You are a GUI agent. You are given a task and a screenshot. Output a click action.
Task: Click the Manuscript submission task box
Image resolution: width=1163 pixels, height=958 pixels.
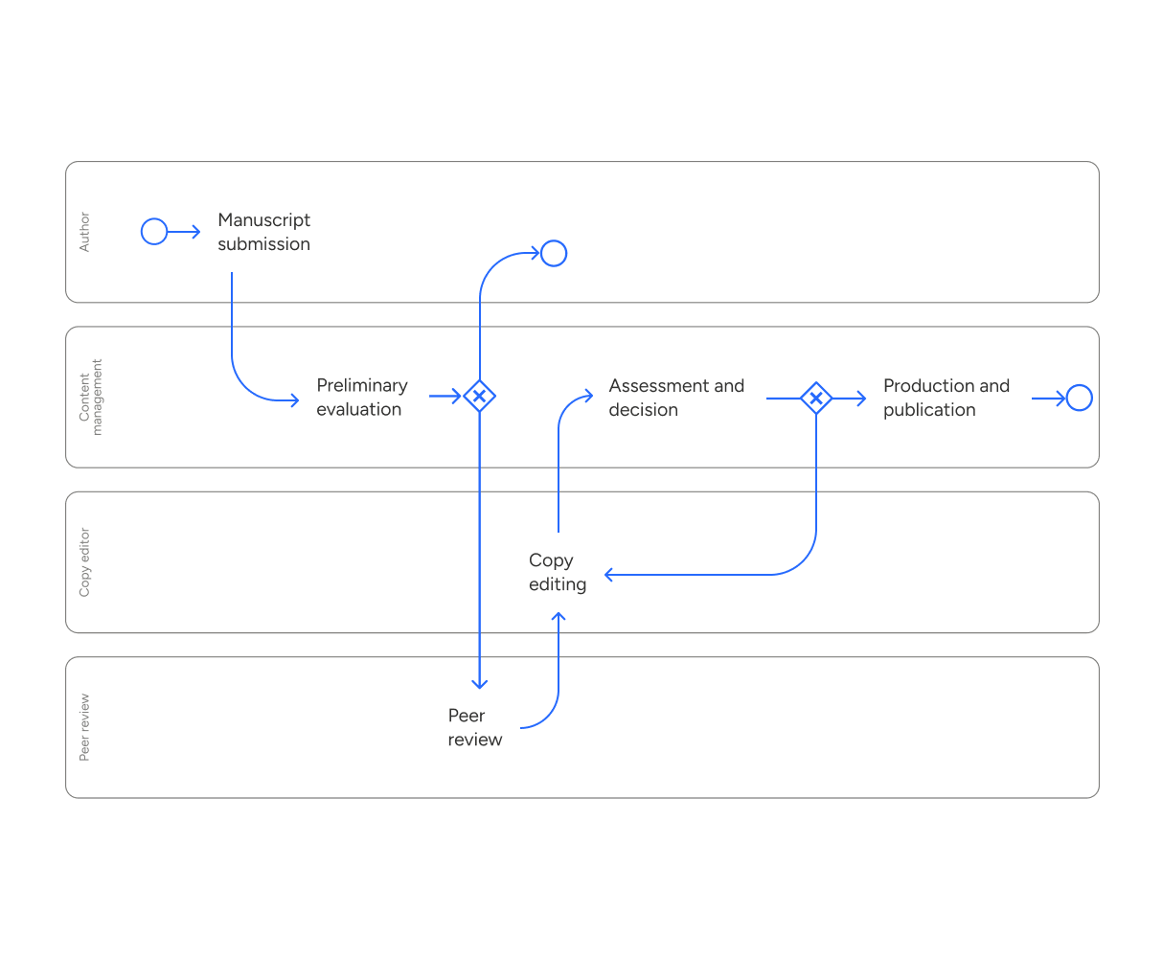(266, 232)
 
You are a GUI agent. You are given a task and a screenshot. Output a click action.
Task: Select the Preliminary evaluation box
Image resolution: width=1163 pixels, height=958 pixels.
(364, 397)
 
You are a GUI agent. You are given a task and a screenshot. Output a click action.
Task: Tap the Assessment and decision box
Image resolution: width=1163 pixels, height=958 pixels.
(678, 398)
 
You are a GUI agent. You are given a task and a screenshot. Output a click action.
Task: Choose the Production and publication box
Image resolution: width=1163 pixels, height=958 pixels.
(948, 398)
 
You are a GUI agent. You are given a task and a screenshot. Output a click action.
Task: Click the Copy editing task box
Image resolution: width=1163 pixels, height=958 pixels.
(558, 572)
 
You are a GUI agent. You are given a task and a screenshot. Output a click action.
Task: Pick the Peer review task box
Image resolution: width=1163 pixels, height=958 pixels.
(475, 727)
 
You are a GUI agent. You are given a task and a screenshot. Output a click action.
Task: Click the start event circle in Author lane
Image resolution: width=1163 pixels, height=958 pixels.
(154, 232)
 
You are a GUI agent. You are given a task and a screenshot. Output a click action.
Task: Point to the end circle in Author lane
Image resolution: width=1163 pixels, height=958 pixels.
(554, 254)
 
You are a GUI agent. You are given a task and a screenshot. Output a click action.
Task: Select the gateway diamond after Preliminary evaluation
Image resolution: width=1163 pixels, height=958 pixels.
(479, 395)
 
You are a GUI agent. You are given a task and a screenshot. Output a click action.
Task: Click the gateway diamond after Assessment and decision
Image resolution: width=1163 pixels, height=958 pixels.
(815, 397)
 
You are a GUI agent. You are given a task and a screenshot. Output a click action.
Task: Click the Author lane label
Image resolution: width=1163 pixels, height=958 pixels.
(84, 232)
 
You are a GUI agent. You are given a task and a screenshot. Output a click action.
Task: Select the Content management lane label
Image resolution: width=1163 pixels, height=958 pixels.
(90, 397)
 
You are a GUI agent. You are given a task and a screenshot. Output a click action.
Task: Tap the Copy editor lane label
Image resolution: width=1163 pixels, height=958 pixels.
(84, 562)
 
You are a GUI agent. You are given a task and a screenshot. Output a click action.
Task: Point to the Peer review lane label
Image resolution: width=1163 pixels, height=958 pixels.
(84, 727)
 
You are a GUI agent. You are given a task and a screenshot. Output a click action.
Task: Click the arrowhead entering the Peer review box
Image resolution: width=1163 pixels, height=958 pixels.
(480, 683)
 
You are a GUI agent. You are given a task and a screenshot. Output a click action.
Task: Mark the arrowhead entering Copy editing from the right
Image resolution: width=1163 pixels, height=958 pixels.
(610, 575)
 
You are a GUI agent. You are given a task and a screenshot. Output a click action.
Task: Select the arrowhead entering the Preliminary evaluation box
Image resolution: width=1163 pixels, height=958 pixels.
(293, 400)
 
